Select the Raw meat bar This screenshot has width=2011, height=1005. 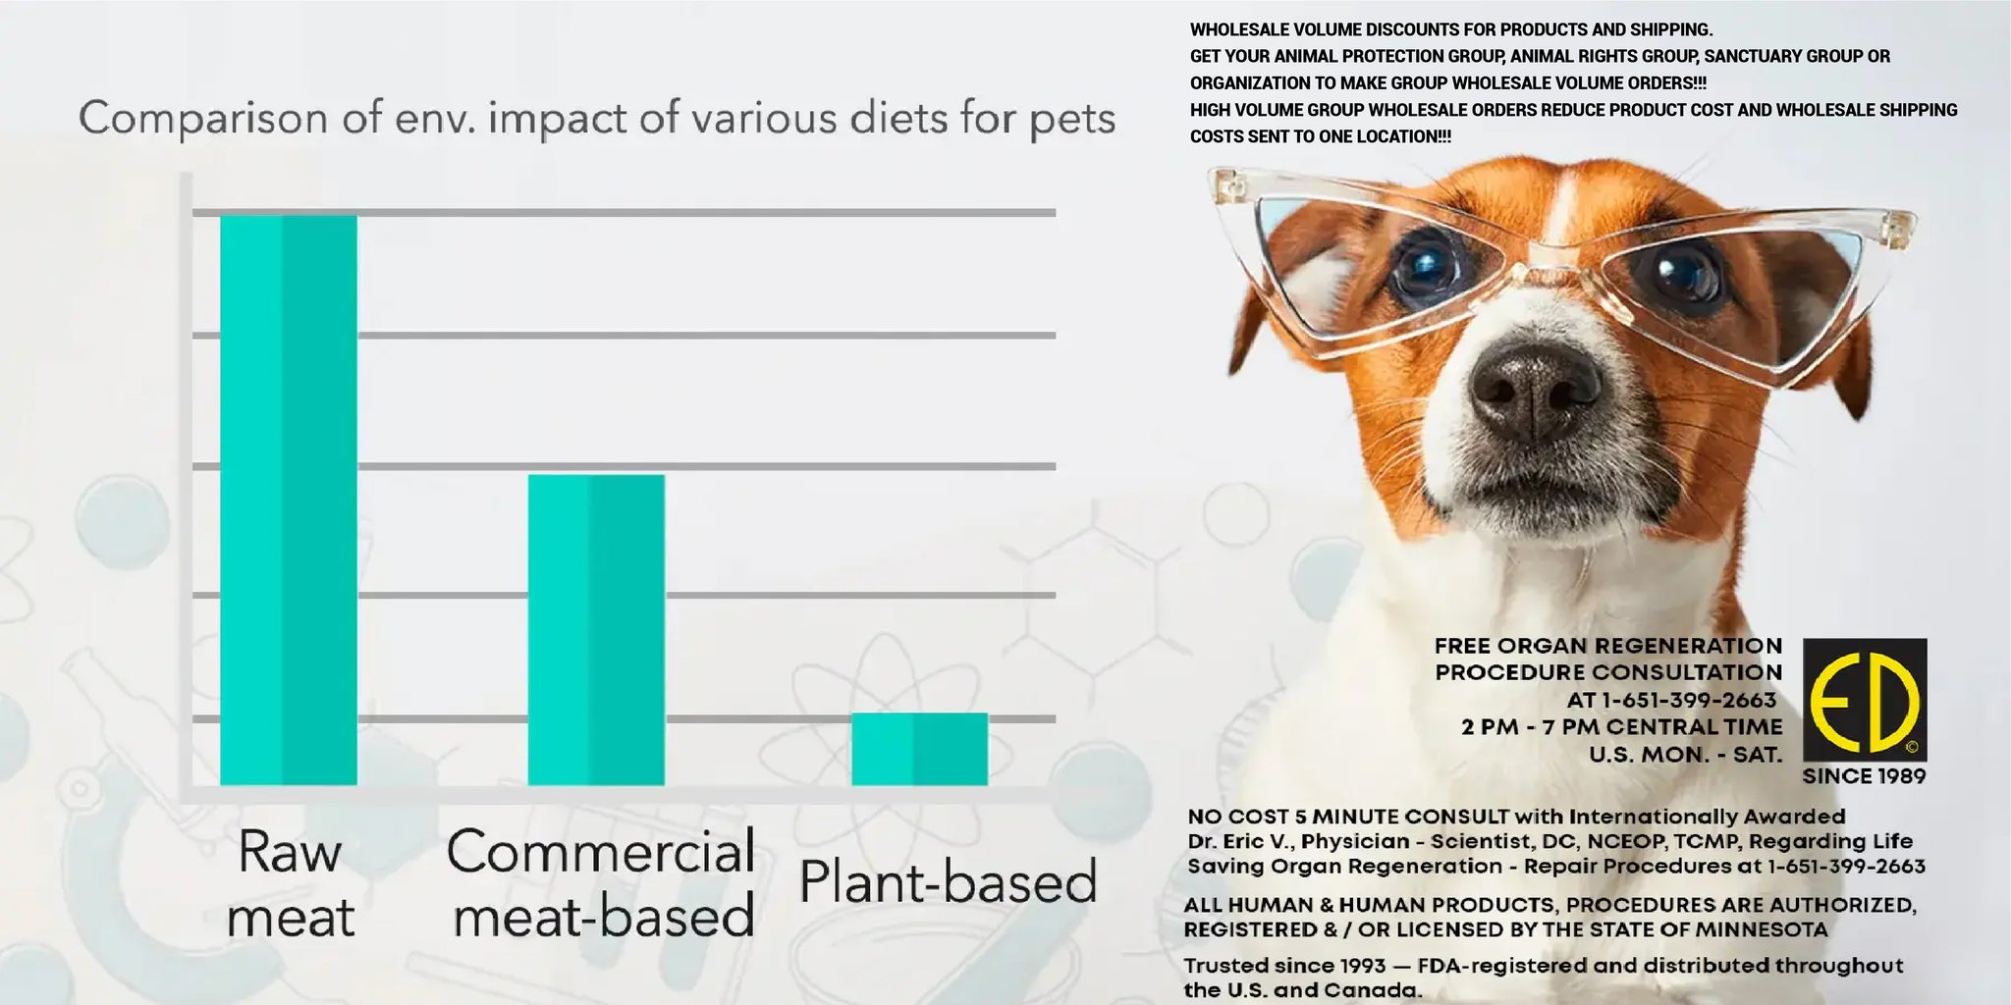click(x=288, y=500)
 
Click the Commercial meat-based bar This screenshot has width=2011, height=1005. click(x=596, y=629)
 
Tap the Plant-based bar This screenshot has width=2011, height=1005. click(x=919, y=749)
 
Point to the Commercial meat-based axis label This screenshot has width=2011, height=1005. click(x=601, y=883)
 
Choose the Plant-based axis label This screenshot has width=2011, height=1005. click(x=948, y=881)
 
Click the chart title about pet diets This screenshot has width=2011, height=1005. click(x=597, y=119)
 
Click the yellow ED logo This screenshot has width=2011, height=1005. click(x=1864, y=700)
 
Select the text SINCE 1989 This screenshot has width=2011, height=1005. click(x=1864, y=776)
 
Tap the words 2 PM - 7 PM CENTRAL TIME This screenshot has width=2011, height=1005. click(x=1621, y=727)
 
